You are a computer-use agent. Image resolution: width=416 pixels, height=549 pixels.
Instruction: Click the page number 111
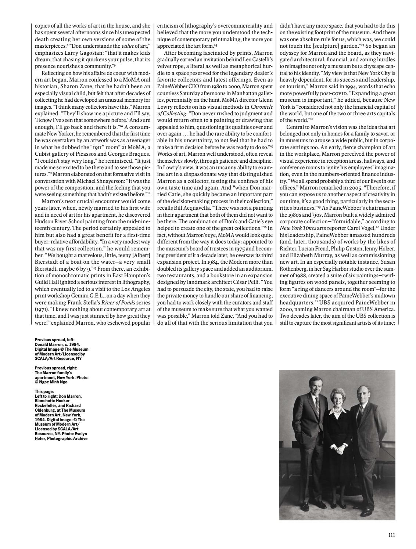[x=391, y=535]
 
